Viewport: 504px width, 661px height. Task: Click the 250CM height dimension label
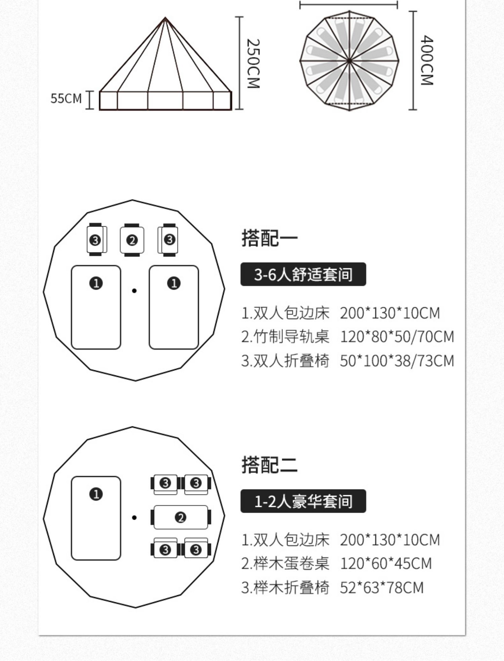(253, 63)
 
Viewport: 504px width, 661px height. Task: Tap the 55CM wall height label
(66, 99)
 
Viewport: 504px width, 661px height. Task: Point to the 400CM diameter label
(427, 60)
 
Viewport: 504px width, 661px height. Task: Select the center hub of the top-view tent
(349, 61)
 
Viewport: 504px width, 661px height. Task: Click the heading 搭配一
(269, 238)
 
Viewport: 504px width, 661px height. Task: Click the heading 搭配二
(269, 465)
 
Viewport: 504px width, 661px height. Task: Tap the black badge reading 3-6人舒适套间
(303, 274)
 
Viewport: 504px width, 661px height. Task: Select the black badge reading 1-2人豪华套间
(303, 501)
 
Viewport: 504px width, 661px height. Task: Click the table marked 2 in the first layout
(132, 240)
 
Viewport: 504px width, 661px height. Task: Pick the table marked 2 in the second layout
(181, 517)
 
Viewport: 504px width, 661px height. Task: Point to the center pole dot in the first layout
(134, 291)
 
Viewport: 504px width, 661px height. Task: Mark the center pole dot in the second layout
(134, 518)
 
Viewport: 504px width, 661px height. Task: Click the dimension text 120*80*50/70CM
(397, 337)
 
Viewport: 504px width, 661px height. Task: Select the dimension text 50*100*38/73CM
(397, 361)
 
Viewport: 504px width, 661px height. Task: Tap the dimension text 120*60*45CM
(386, 564)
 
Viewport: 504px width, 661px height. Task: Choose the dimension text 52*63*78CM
(382, 588)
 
